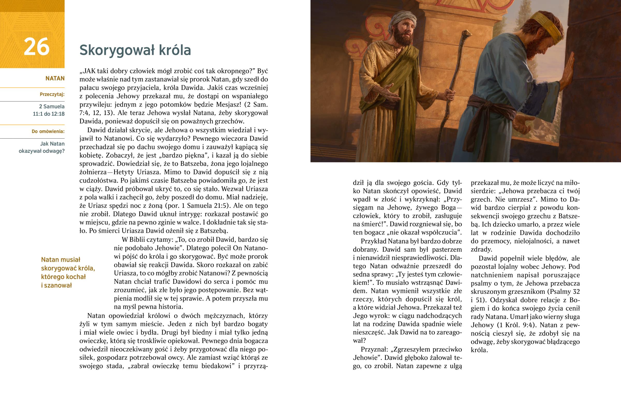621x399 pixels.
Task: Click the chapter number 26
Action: point(36,47)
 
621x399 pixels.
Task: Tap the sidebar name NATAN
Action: point(55,79)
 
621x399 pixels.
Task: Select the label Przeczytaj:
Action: point(52,94)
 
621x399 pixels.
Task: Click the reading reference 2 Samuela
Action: point(52,106)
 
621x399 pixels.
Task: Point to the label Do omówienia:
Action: point(48,131)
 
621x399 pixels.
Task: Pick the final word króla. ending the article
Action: point(479,350)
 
